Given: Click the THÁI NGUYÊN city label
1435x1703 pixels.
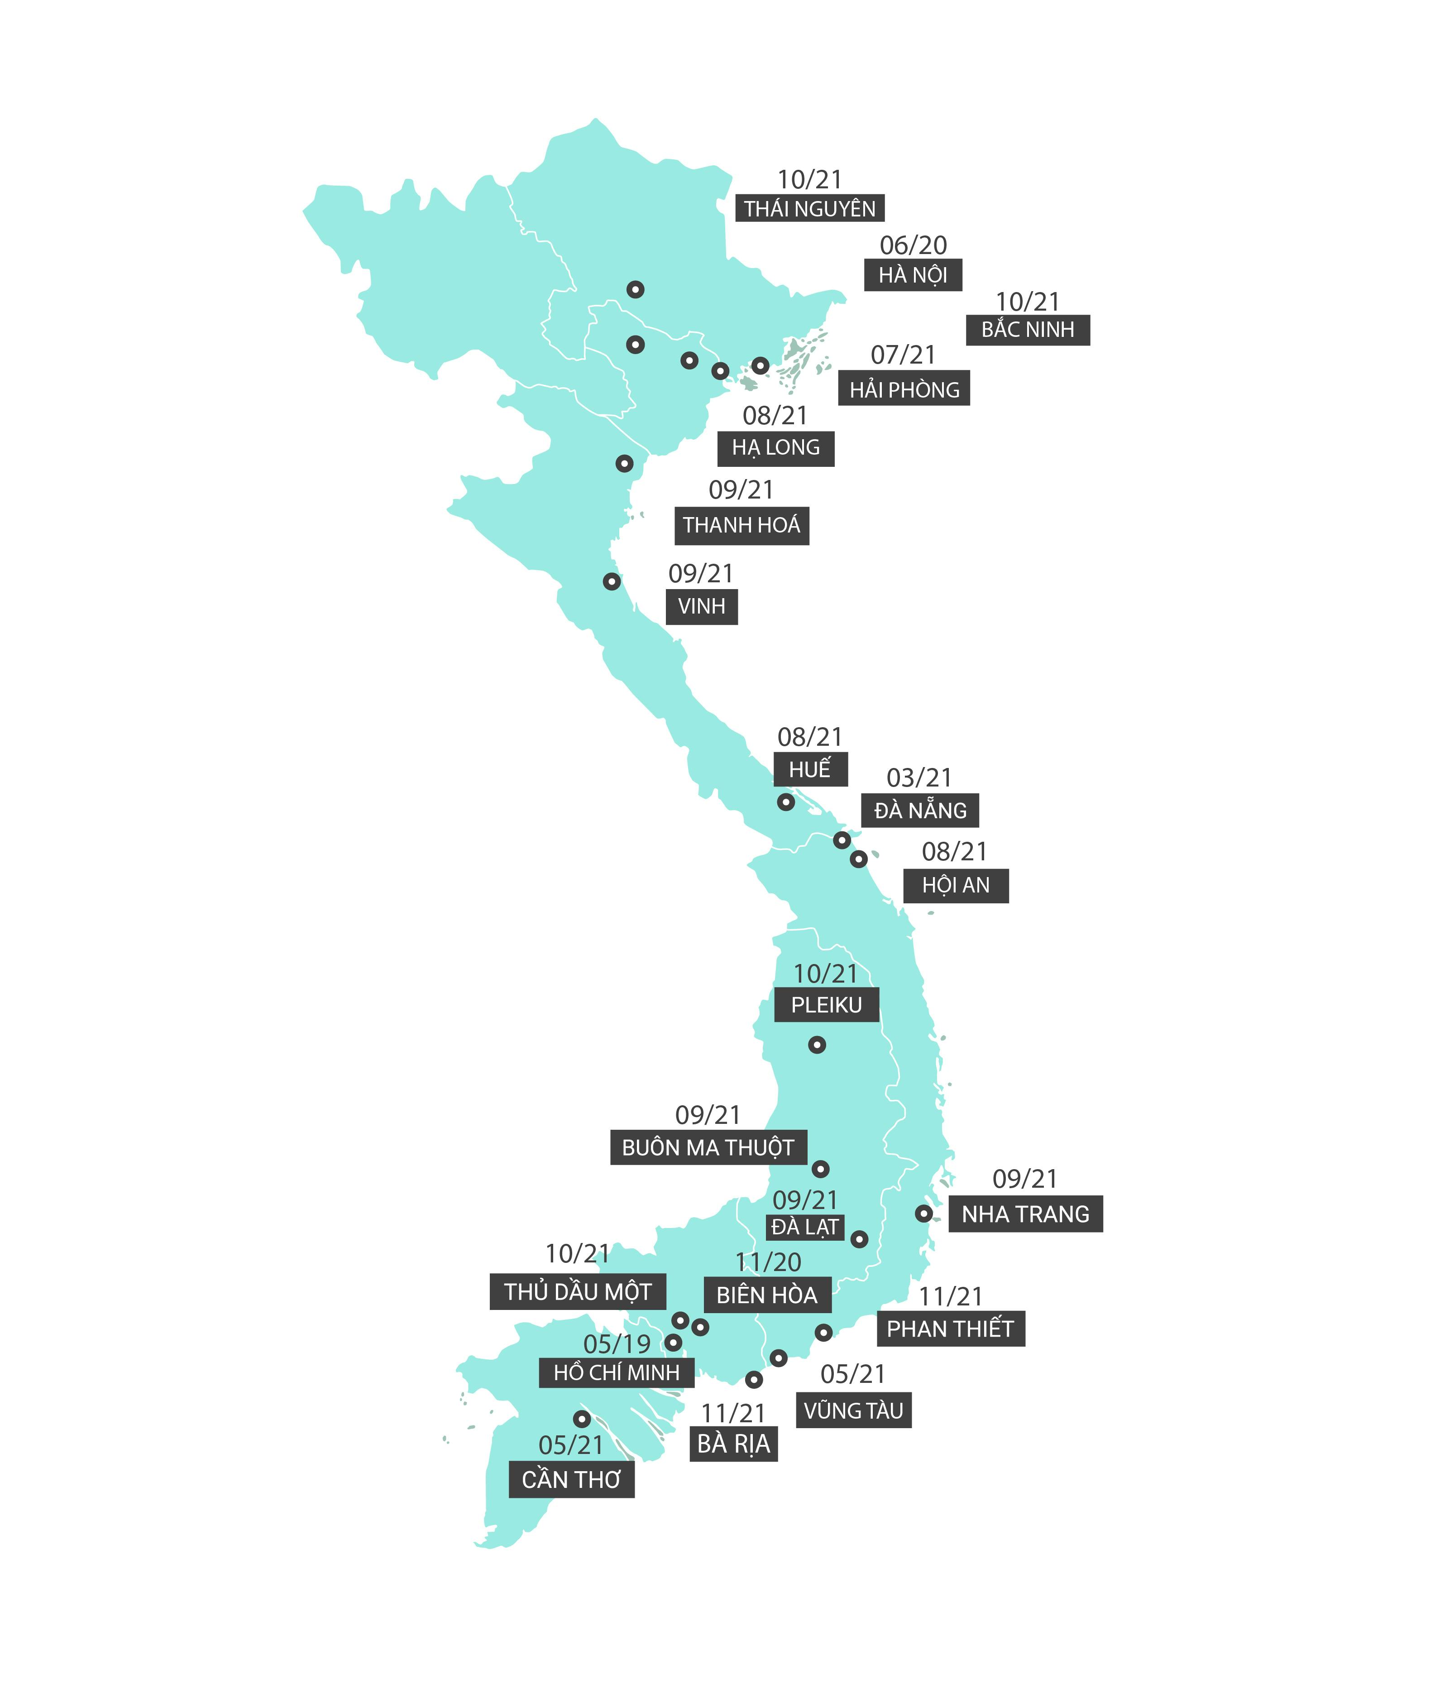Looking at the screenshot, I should [x=809, y=209].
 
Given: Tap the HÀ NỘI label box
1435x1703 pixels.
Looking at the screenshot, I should [x=913, y=275].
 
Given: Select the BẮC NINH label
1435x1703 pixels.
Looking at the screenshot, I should [x=1028, y=330].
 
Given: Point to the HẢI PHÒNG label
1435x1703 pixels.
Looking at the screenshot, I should [x=904, y=390].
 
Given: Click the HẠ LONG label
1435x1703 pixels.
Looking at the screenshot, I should [x=776, y=447].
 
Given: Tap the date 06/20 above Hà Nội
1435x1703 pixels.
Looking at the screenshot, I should [x=913, y=245].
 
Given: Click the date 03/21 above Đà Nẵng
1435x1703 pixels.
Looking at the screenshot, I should [x=918, y=778].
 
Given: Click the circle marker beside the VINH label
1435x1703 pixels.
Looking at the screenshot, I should [x=612, y=582].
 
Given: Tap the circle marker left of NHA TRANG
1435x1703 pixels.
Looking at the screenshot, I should [x=923, y=1213].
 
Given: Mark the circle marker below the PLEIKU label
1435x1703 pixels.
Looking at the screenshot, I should [x=817, y=1045].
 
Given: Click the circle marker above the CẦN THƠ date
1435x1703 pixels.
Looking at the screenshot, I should [x=582, y=1419].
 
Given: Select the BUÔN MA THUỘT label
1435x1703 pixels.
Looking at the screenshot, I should [x=708, y=1147].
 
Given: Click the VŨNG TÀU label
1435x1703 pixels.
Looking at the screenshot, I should [x=853, y=1411].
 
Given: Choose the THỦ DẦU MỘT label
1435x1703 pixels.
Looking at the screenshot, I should [x=578, y=1292].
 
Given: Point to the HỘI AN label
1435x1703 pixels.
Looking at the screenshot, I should [x=956, y=885].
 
